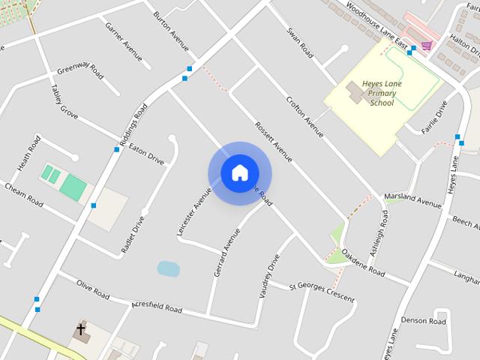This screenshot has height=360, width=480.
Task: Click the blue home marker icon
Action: (x=239, y=172)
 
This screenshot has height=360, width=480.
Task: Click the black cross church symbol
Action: (x=80, y=329)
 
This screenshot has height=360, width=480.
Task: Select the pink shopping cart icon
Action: (x=426, y=46)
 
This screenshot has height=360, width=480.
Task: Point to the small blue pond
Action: (x=168, y=268)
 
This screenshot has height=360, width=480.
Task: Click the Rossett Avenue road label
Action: (x=272, y=141)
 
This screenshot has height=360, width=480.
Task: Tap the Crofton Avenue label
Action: (x=304, y=117)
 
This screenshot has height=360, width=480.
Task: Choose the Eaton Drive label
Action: (x=146, y=154)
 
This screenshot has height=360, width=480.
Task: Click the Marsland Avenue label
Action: (x=412, y=200)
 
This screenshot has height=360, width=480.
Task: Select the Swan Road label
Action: (x=299, y=43)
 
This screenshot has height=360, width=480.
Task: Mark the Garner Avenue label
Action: (x=124, y=41)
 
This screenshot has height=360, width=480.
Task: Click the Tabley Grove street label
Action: (x=64, y=101)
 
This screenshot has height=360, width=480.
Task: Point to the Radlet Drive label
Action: (x=133, y=235)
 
